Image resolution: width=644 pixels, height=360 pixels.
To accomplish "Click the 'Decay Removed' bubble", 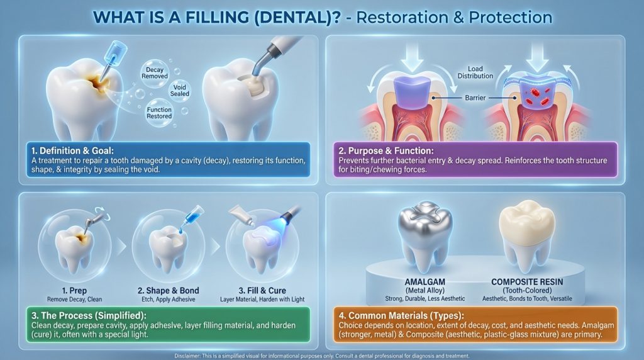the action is pyautogui.click(x=155, y=73).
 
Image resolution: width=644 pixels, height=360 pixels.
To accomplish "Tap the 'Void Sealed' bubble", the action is pyautogui.click(x=179, y=91).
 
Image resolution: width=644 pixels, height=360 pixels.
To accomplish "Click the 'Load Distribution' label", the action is pyautogui.click(x=475, y=72).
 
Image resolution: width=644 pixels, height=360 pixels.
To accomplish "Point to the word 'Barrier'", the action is pyautogui.click(x=475, y=98).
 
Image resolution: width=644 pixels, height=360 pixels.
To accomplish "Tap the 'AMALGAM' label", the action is pyautogui.click(x=425, y=283).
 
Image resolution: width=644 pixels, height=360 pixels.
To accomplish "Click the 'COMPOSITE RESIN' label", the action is pyautogui.click(x=527, y=283).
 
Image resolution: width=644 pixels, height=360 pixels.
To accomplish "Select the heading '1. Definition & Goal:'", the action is pyautogui.click(x=73, y=151).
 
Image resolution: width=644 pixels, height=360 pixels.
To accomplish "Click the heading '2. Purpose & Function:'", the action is pyautogui.click(x=386, y=151).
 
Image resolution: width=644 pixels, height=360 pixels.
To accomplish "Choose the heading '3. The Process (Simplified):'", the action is pyautogui.click(x=89, y=316).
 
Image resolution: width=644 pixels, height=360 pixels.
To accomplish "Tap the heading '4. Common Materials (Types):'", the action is pyautogui.click(x=401, y=316).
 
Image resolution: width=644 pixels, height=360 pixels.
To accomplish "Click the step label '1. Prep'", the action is pyautogui.click(x=74, y=291).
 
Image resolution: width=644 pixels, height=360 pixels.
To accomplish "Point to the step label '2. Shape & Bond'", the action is pyautogui.click(x=169, y=291).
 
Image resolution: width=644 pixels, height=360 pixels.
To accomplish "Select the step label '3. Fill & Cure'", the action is pyautogui.click(x=262, y=291).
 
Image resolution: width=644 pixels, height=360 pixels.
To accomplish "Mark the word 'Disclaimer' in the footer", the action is pyautogui.click(x=187, y=356).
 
